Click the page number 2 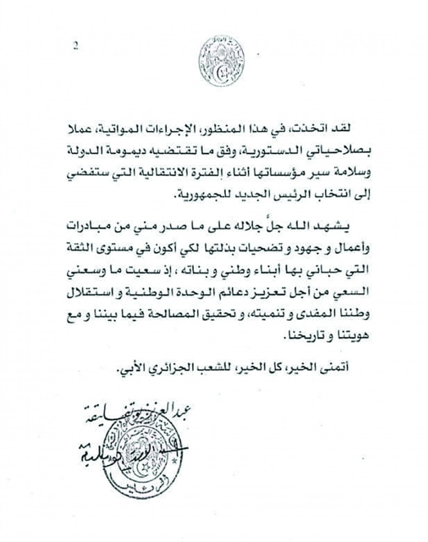tap(75, 46)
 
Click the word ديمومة tap(126, 146)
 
